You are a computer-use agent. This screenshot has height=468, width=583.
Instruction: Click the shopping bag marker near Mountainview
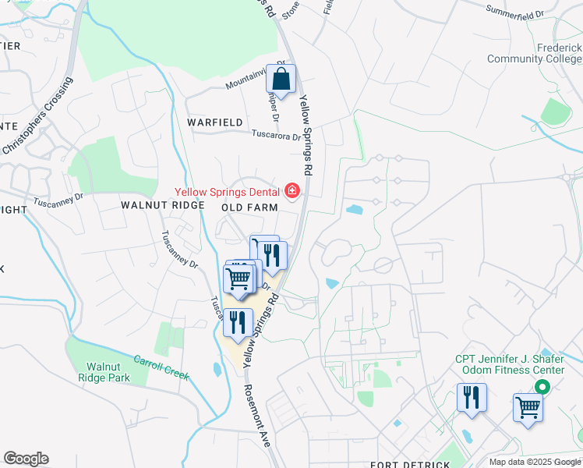(x=281, y=80)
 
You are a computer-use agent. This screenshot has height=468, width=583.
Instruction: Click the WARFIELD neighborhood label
(x=215, y=122)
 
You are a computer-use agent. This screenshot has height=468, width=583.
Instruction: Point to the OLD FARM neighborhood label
(x=249, y=207)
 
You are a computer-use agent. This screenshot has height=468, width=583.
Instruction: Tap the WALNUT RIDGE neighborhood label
(x=162, y=205)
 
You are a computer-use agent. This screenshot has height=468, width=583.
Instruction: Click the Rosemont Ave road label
(x=256, y=416)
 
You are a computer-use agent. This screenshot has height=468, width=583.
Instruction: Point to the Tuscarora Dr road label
(x=275, y=135)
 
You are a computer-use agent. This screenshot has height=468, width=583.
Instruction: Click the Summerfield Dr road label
(x=514, y=12)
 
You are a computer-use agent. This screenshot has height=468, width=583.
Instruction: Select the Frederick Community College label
(x=534, y=53)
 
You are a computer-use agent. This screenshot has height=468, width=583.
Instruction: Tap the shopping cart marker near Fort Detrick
(x=528, y=408)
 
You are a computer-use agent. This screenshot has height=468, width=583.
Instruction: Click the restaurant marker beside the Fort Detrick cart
(x=472, y=397)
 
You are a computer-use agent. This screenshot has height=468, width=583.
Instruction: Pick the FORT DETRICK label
(x=410, y=465)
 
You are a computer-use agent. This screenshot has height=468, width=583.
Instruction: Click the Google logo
(x=26, y=459)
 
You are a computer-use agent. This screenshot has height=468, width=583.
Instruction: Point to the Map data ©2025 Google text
(x=535, y=462)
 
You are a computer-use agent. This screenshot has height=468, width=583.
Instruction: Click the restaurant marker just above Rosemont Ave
(x=238, y=322)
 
